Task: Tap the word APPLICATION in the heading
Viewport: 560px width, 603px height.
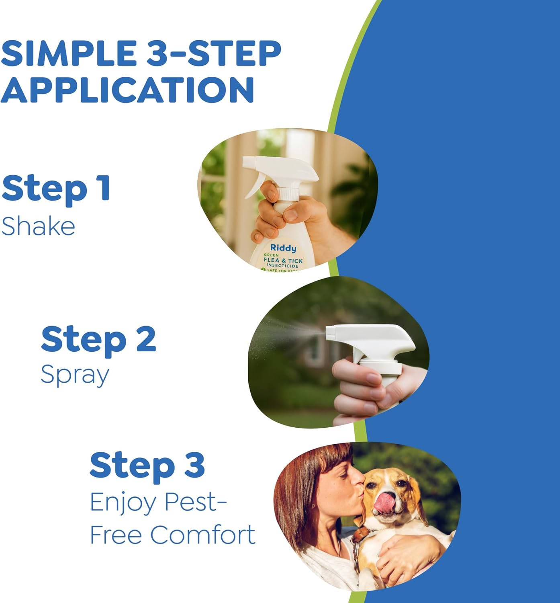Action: pyautogui.click(x=127, y=89)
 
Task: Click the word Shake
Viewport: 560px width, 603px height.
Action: pyautogui.click(x=38, y=226)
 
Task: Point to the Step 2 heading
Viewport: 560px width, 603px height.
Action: pyautogui.click(x=98, y=340)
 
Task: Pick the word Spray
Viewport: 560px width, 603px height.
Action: pyautogui.click(x=75, y=375)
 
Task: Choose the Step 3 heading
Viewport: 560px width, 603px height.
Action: pyautogui.click(x=147, y=466)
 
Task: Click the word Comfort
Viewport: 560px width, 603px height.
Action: pyautogui.click(x=202, y=535)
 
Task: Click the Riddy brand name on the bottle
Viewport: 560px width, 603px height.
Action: pyautogui.click(x=283, y=248)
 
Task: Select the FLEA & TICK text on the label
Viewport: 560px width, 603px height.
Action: pyautogui.click(x=283, y=260)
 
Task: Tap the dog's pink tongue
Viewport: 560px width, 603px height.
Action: pyautogui.click(x=384, y=503)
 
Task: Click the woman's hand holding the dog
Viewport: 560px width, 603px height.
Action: pyautogui.click(x=406, y=555)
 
